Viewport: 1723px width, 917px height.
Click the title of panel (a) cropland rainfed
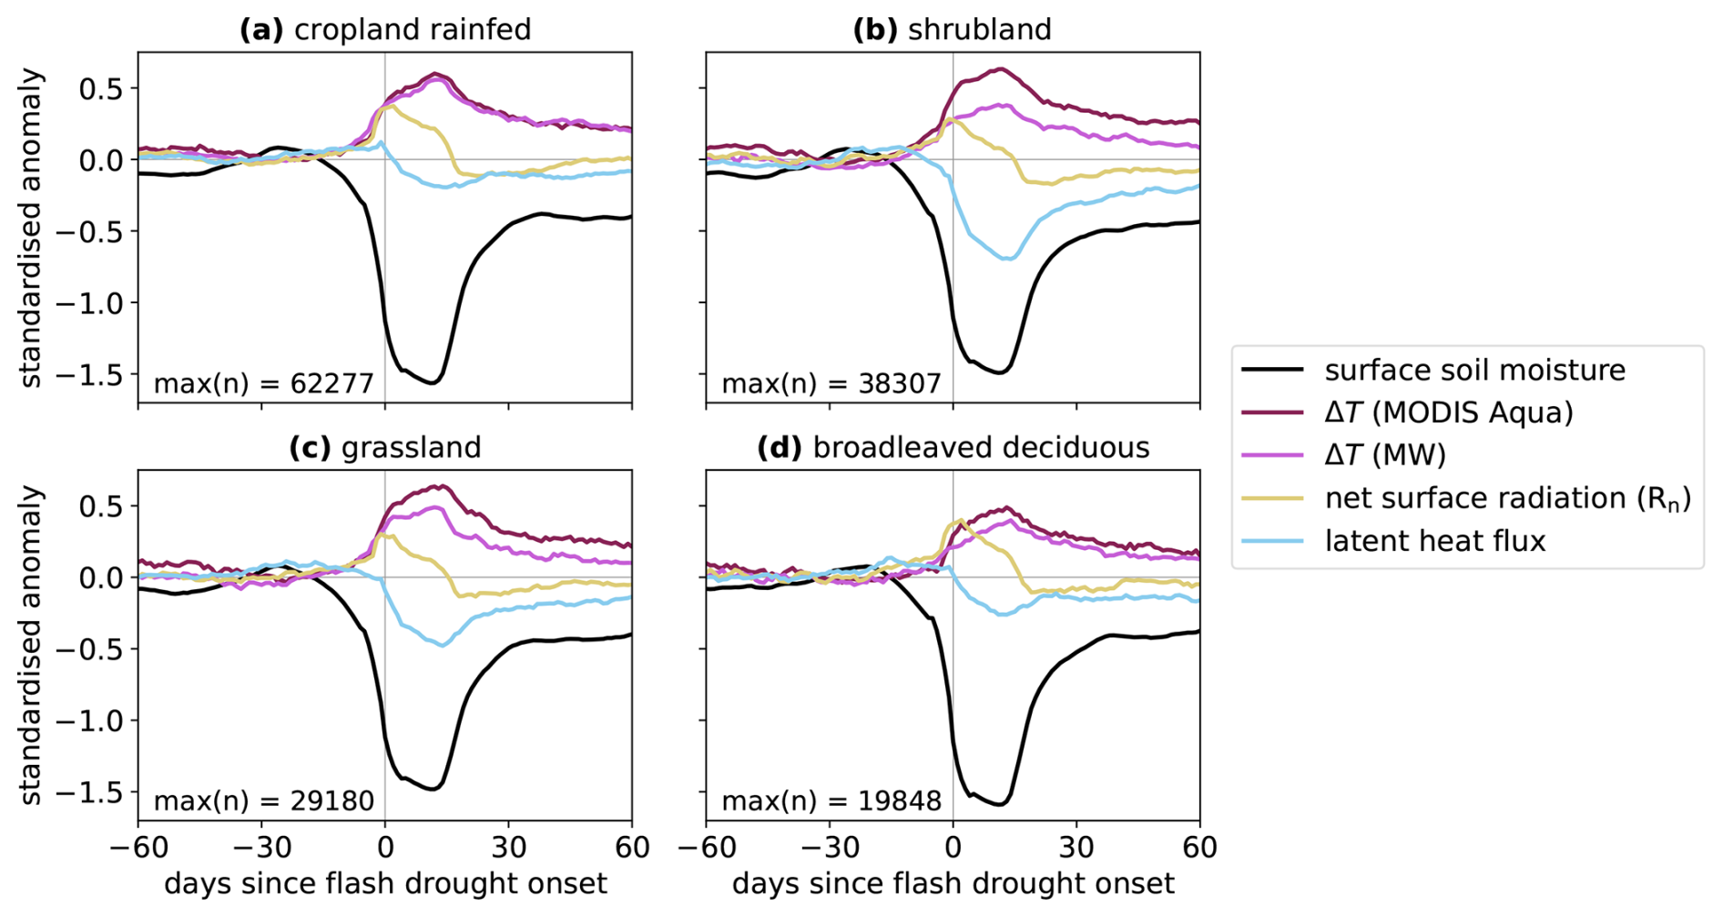(384, 29)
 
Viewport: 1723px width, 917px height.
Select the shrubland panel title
(952, 29)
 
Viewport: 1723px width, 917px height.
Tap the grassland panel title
(384, 447)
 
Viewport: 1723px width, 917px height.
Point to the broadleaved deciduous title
(953, 447)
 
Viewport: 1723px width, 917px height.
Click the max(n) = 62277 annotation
(263, 383)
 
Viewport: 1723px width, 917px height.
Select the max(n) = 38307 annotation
(831, 383)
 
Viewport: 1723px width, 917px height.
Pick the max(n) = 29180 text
(263, 800)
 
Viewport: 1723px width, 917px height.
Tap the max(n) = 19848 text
(831, 800)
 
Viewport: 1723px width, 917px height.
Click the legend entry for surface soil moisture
(1474, 371)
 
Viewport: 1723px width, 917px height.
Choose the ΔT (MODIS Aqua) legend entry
(1448, 413)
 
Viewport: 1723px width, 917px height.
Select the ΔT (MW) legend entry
(1384, 454)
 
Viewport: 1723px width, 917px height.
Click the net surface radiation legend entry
(1507, 498)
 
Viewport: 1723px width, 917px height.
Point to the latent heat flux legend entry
(1434, 541)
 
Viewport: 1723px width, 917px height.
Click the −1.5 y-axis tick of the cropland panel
(90, 374)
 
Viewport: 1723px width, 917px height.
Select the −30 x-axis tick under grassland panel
(261, 848)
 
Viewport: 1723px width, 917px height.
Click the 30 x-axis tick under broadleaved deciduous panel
(1076, 848)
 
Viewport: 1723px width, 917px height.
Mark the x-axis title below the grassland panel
(384, 884)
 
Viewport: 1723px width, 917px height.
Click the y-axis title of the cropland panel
(32, 228)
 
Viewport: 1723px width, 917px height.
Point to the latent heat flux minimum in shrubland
(1007, 260)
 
